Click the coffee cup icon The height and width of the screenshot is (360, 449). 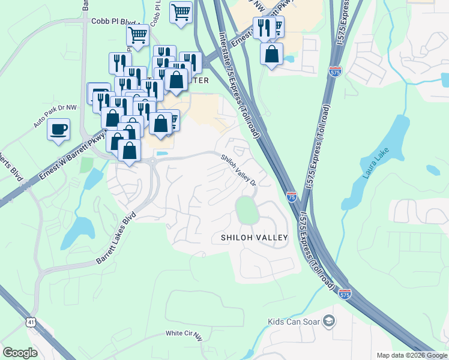58,129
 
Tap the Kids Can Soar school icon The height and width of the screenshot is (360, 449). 328,322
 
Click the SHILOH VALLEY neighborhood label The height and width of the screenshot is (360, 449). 254,238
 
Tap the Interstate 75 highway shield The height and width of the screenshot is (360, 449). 291,196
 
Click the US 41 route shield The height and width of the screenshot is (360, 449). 31,322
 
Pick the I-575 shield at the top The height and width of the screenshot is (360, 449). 335,72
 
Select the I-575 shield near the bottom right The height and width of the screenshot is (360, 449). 345,294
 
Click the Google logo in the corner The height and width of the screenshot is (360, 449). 20,353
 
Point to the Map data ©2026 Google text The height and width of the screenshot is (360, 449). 411,355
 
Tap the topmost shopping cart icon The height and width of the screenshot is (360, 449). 181,12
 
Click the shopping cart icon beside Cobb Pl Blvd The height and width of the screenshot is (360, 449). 137,35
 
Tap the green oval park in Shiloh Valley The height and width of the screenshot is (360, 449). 246,210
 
